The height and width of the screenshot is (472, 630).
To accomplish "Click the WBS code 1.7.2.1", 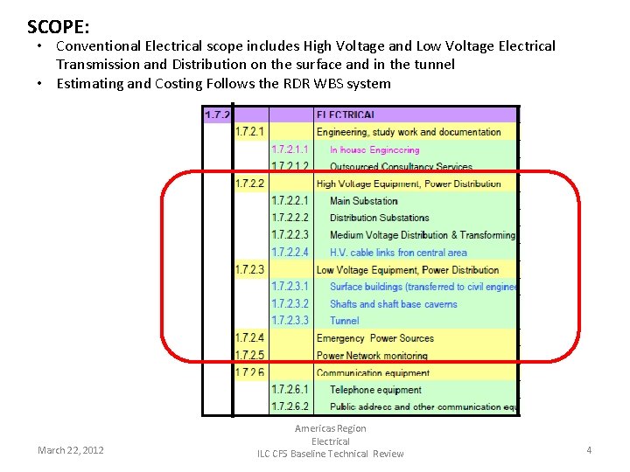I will pyautogui.click(x=249, y=132).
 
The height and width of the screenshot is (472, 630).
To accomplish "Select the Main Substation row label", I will pyautogui.click(x=363, y=201).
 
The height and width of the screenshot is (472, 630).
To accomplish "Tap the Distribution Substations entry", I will pyautogui.click(x=379, y=218).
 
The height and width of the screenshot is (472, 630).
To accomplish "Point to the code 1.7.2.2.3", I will pyautogui.click(x=290, y=235).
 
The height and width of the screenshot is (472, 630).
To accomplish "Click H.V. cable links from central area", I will pyautogui.click(x=398, y=253).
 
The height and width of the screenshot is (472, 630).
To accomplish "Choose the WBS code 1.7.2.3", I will pyautogui.click(x=249, y=270).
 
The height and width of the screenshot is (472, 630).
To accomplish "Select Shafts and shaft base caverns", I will pyautogui.click(x=393, y=304).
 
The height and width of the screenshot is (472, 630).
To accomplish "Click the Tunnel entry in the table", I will pyautogui.click(x=344, y=321).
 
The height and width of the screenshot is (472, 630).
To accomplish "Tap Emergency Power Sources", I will pyautogui.click(x=374, y=338).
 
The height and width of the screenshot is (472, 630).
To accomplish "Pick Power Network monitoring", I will pyautogui.click(x=372, y=356).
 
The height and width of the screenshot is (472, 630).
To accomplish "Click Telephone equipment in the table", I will pyautogui.click(x=375, y=390).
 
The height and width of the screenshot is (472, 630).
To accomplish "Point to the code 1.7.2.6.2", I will pyautogui.click(x=290, y=407).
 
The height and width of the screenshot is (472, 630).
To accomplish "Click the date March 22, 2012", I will pyautogui.click(x=71, y=450).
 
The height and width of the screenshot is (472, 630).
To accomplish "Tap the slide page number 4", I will pyautogui.click(x=589, y=450).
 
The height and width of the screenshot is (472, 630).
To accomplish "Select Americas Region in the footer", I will pyautogui.click(x=331, y=428).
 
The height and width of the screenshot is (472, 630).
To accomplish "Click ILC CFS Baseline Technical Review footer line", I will pyautogui.click(x=331, y=454).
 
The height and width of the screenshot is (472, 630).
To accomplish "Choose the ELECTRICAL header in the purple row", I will pyautogui.click(x=346, y=115).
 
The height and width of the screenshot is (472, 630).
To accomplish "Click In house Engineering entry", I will pyautogui.click(x=374, y=150).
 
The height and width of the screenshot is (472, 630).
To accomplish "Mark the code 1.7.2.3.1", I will pyautogui.click(x=290, y=287).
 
